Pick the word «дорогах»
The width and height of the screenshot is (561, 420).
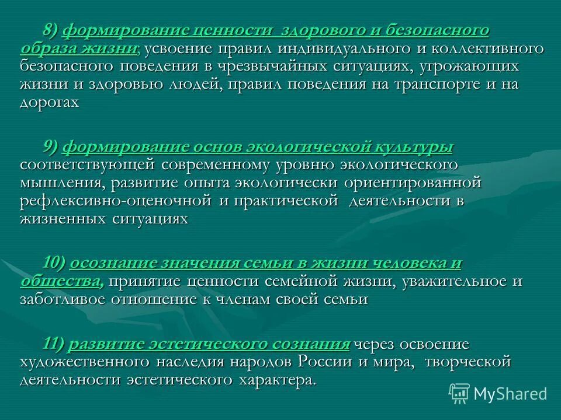(x=49, y=102)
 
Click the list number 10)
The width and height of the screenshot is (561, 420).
(x=54, y=263)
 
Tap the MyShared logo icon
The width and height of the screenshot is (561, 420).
(x=459, y=393)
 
